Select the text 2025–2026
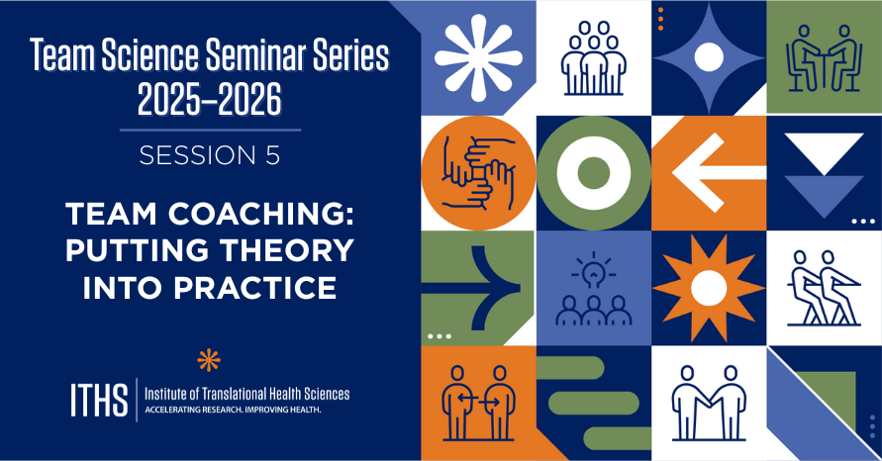coord(210,100)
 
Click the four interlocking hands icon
coord(478,172)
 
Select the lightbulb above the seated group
coord(593,270)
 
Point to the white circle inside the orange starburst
coord(708,287)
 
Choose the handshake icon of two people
coord(708,402)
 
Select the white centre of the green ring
coord(593,173)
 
